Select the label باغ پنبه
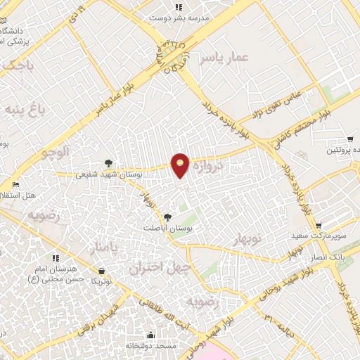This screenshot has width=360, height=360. point(26,109)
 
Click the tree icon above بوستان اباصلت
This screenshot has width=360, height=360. point(167,217)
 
